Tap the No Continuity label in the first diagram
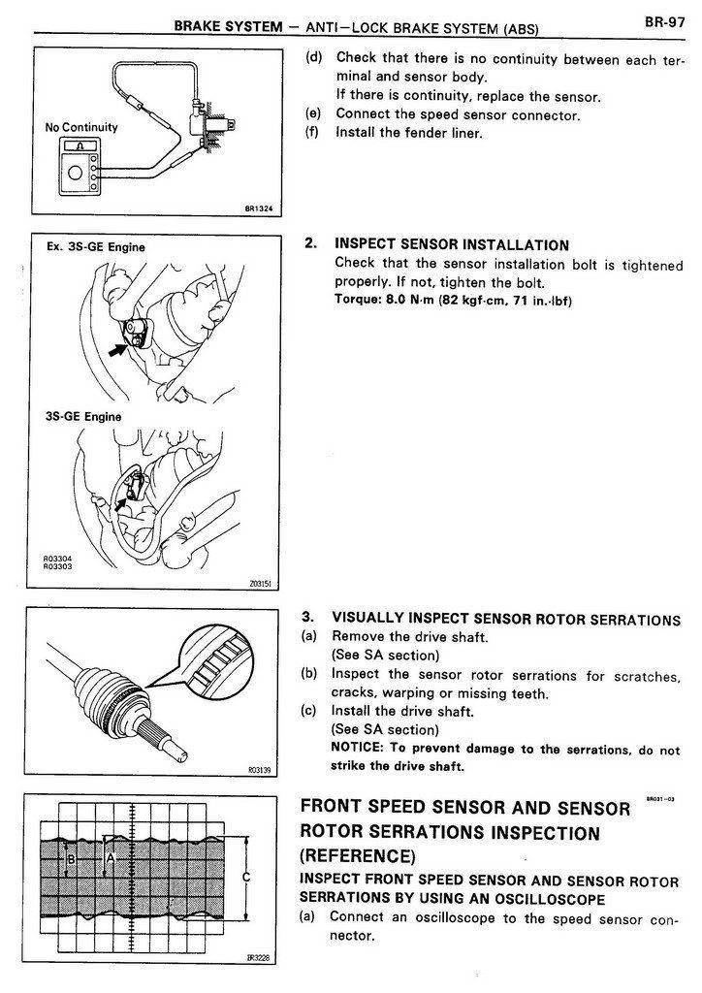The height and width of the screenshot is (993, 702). (x=81, y=127)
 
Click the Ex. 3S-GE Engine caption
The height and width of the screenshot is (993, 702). (x=94, y=247)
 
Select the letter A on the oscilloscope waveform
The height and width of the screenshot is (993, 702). (x=111, y=857)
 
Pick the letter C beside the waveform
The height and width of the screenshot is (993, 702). (x=247, y=877)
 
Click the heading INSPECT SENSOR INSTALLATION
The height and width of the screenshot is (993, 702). (x=451, y=244)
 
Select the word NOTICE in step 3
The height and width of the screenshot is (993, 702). (x=358, y=750)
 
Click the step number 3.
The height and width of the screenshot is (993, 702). (x=308, y=617)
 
